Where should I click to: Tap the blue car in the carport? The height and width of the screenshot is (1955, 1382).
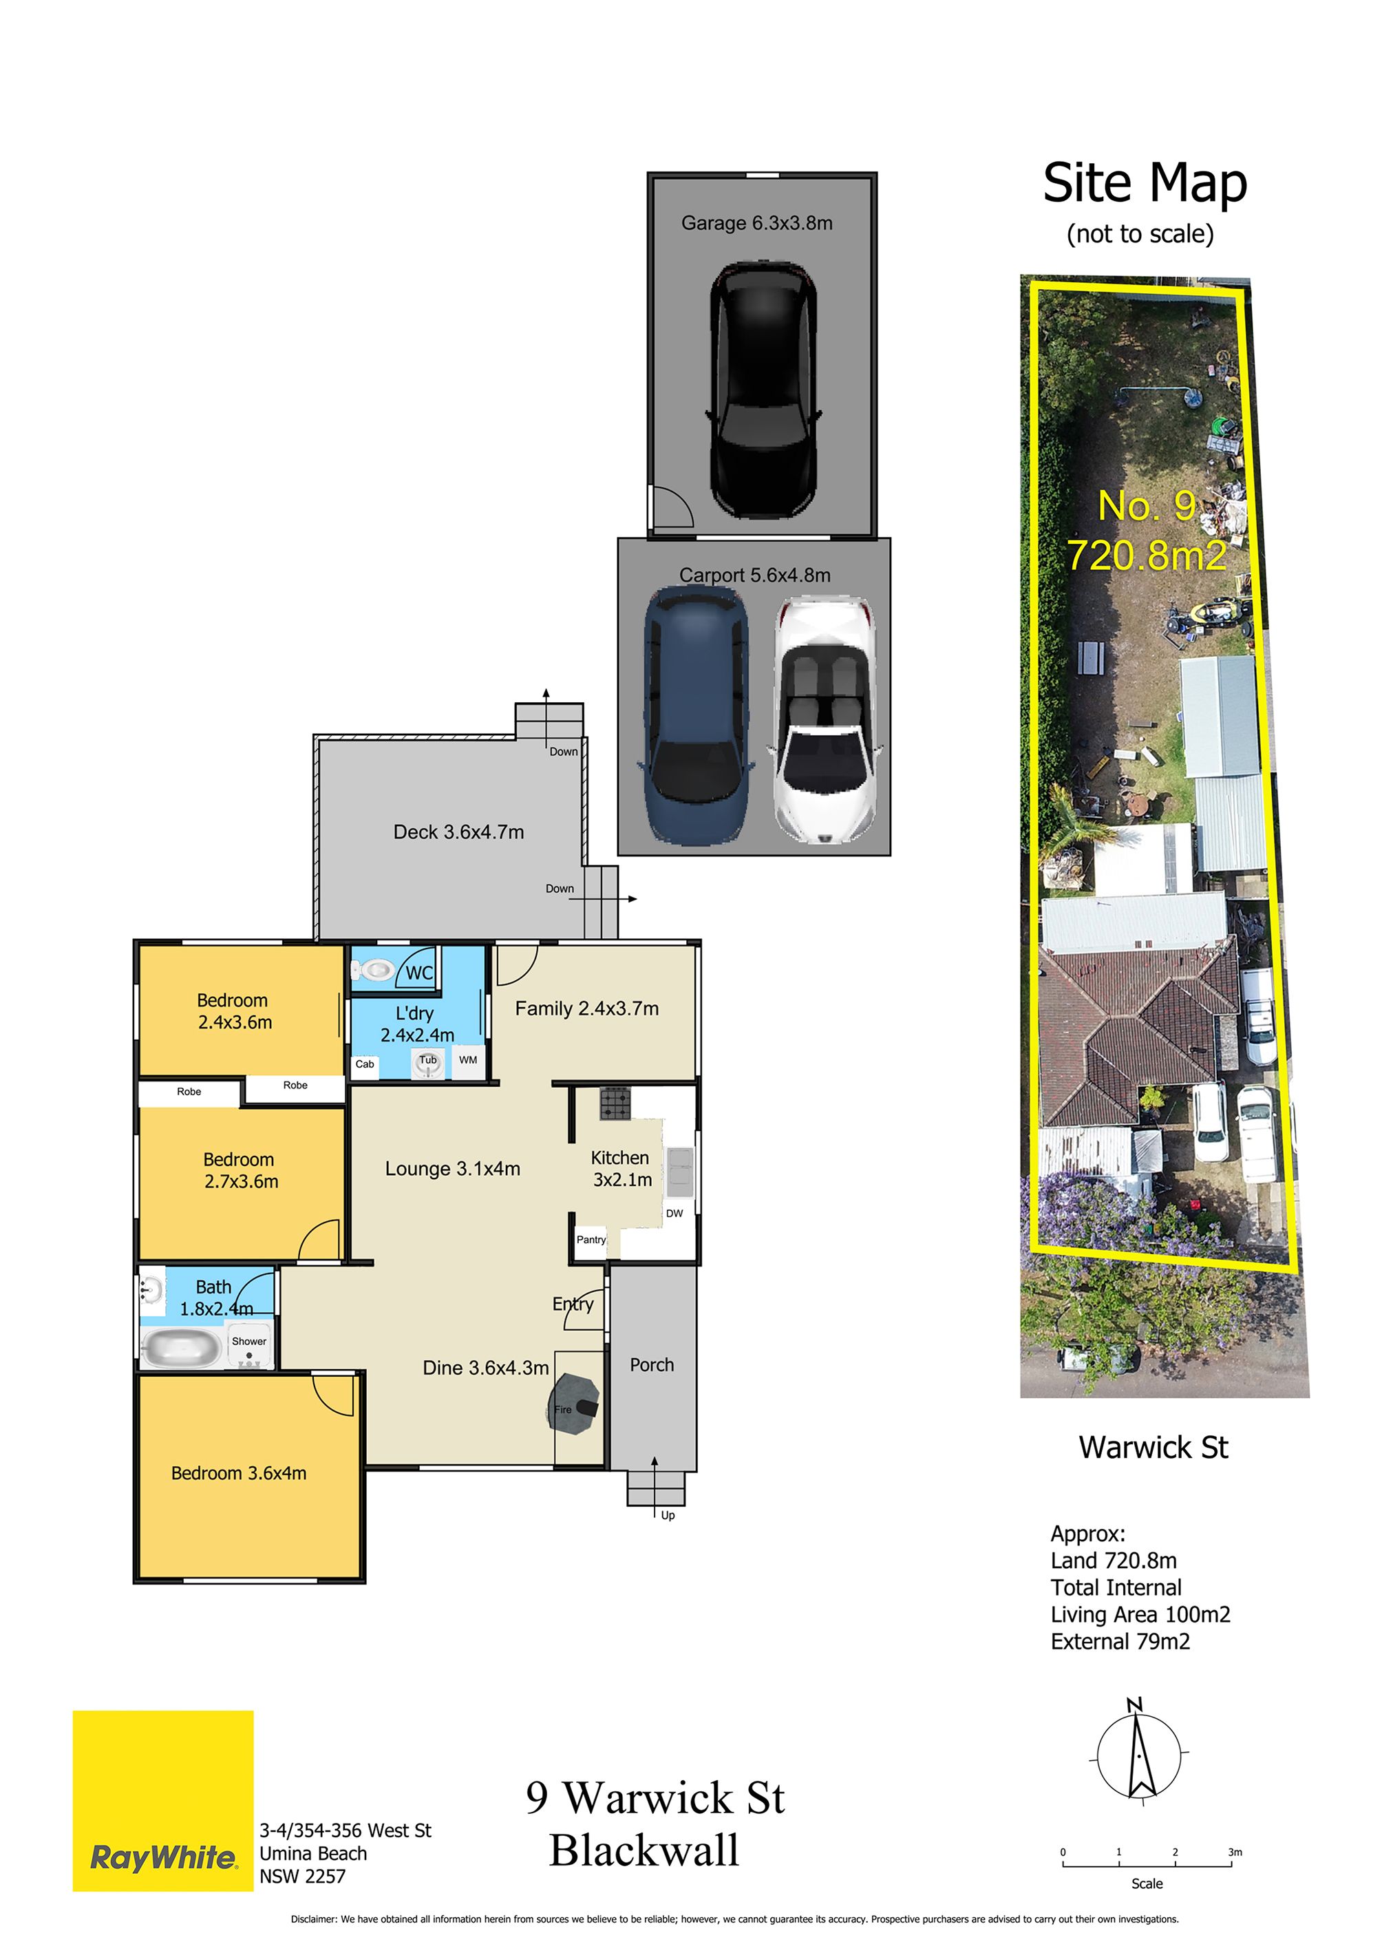(x=697, y=715)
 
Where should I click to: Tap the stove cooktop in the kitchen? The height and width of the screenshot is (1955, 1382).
(x=615, y=1103)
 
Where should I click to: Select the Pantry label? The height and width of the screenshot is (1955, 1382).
(x=591, y=1240)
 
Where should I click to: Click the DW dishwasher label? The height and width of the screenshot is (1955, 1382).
(x=674, y=1214)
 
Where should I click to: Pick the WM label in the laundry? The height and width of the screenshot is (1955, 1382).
(x=468, y=1060)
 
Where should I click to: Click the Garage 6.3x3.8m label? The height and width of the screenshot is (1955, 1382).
(x=756, y=223)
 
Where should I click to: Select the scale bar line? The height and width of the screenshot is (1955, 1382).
(x=1147, y=1866)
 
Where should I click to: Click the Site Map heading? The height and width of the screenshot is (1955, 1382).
(x=1145, y=182)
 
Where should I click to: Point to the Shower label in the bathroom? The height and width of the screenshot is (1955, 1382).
(x=248, y=1341)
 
